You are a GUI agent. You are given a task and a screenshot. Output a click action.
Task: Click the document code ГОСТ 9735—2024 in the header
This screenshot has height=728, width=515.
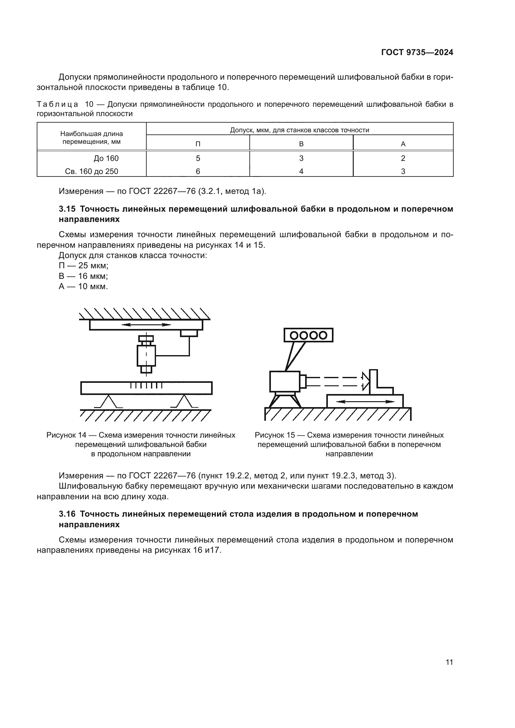click(x=417, y=53)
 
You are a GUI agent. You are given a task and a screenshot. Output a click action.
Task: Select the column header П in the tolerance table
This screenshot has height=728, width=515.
click(x=198, y=144)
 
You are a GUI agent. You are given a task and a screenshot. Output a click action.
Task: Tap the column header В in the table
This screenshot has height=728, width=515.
click(x=301, y=144)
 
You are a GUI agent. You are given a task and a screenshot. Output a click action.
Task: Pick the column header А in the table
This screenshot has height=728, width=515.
click(x=403, y=144)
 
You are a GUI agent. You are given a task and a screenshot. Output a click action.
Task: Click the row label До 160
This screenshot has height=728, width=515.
click(x=106, y=158)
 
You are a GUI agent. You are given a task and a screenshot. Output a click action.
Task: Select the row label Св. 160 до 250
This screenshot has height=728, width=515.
click(x=91, y=171)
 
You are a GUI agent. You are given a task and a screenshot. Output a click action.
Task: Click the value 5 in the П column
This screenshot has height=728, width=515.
click(x=198, y=158)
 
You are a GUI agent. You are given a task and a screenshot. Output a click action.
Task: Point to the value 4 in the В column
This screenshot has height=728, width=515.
click(x=301, y=171)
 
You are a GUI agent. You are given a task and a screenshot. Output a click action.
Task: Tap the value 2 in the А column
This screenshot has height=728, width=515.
click(x=403, y=158)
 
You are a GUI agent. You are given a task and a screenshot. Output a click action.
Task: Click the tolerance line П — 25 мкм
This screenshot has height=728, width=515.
click(x=83, y=266)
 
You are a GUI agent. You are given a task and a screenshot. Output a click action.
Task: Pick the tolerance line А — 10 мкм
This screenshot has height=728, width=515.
click(x=83, y=287)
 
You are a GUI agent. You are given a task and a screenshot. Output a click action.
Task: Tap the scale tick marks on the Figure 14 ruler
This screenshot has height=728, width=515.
click(x=146, y=386)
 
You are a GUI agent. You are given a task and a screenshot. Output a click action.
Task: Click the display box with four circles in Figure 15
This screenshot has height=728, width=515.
click(x=308, y=335)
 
